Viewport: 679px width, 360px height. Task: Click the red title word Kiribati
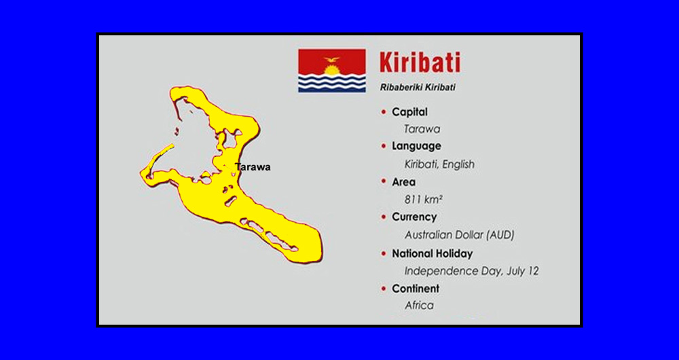pos(420,62)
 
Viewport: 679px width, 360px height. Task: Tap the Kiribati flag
pos(332,71)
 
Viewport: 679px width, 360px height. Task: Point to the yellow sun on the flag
pos(332,70)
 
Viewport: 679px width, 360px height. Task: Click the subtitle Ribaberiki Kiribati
pos(418,88)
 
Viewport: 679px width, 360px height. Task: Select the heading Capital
pos(409,112)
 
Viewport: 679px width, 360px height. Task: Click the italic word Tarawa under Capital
pos(422,129)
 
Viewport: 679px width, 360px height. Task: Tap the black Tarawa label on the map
pos(253,167)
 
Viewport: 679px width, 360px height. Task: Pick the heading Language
pos(417,147)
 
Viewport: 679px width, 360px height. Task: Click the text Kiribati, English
pos(439,164)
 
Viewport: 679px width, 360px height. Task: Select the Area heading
pos(403,182)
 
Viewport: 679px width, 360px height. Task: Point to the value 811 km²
pos(424,199)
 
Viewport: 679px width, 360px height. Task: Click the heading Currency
pos(414,217)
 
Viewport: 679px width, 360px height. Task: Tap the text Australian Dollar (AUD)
pos(460,235)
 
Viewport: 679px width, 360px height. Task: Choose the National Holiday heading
pos(432,253)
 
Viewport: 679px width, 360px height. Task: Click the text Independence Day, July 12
pos(472,271)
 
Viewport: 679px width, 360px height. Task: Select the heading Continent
pos(416,289)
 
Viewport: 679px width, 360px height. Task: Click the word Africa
pos(419,306)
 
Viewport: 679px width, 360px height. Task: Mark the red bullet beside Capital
pos(383,112)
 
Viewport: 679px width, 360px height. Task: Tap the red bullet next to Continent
pos(383,289)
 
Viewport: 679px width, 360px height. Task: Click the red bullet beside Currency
pos(383,217)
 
